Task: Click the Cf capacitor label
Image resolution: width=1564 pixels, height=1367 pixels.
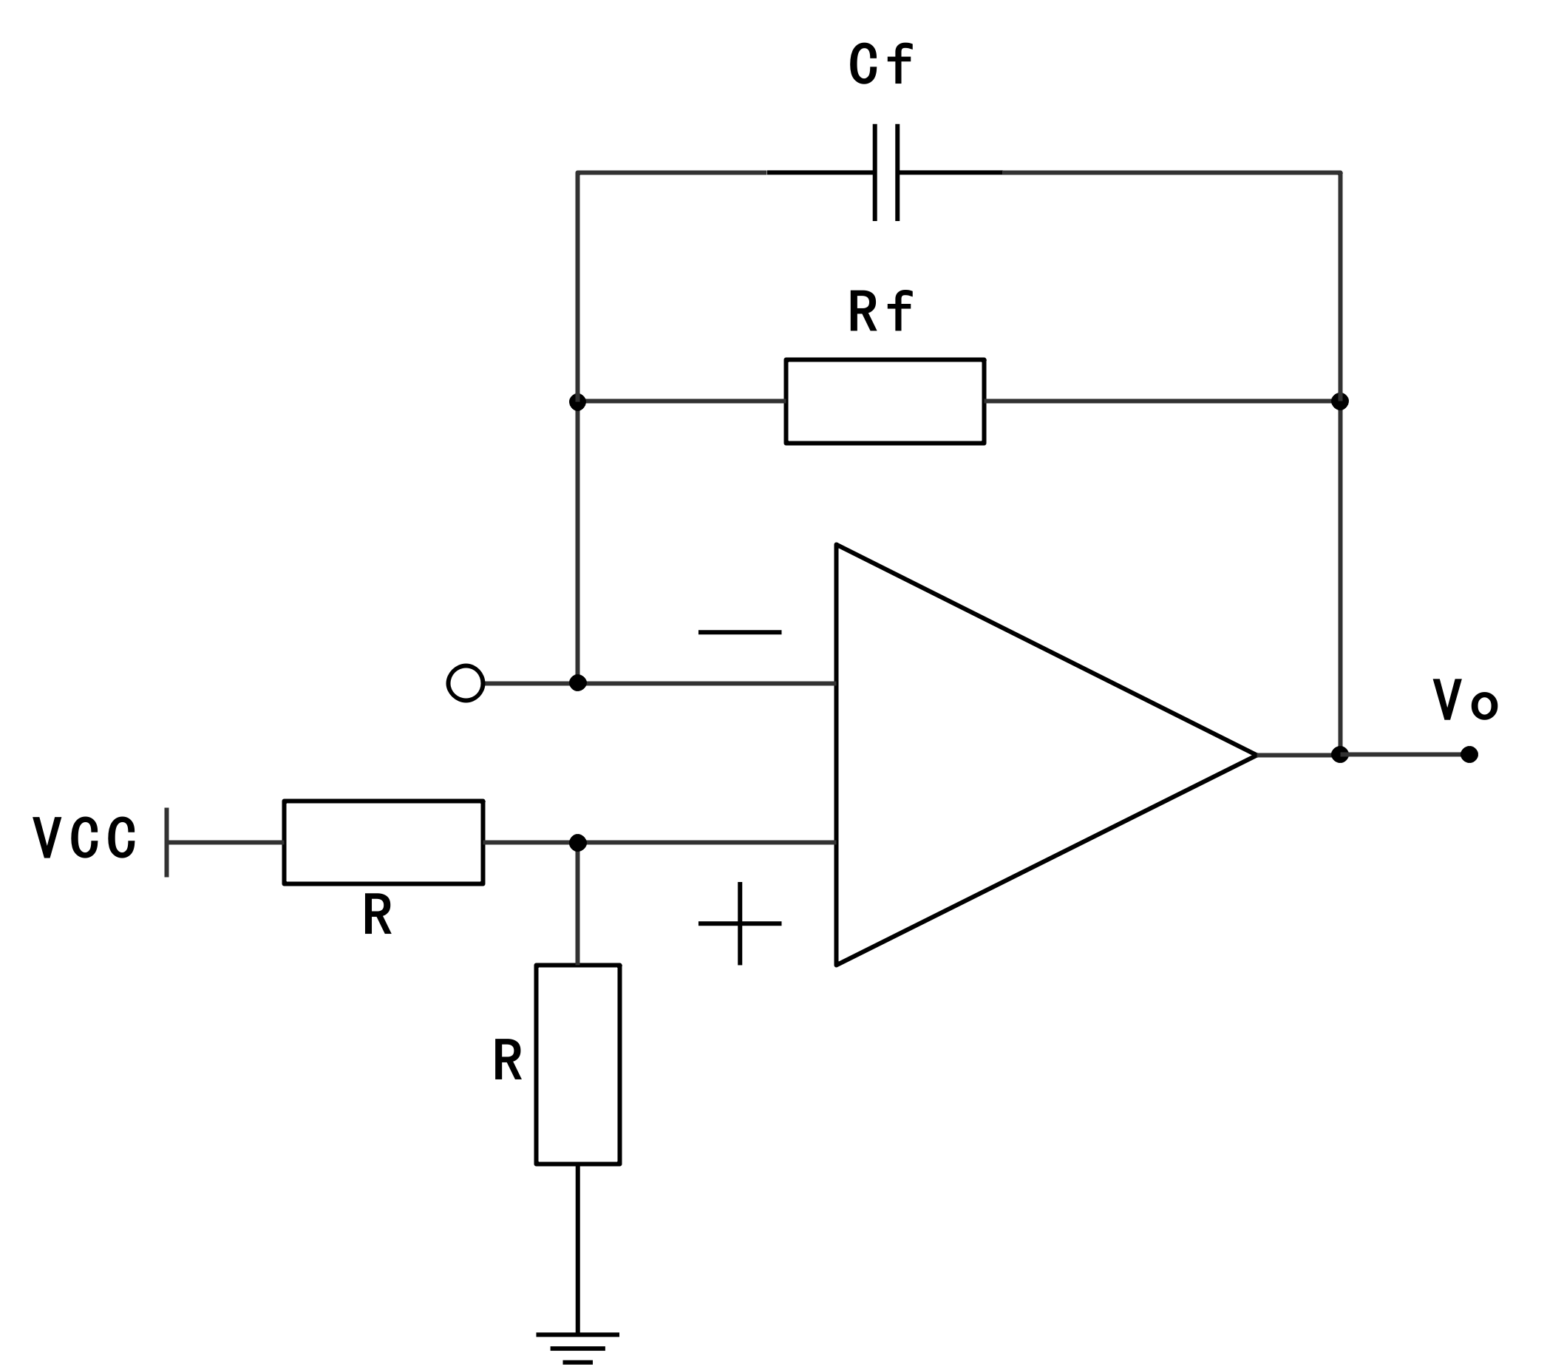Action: [x=880, y=64]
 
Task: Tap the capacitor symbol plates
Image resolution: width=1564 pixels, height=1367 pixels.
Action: [x=885, y=172]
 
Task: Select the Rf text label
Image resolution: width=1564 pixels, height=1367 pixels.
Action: [x=880, y=311]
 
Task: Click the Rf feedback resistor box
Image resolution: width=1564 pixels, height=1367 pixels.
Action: [x=885, y=401]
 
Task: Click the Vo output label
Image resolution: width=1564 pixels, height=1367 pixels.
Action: [x=1465, y=699]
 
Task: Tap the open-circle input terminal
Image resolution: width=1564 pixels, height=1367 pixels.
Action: [x=465, y=682]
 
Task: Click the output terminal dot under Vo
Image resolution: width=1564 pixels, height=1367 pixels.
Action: [x=1469, y=754]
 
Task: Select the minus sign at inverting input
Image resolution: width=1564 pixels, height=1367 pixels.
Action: [x=739, y=631]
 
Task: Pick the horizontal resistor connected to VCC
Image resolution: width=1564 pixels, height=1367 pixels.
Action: [x=383, y=842]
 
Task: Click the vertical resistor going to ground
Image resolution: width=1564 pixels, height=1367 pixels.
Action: [x=577, y=1064]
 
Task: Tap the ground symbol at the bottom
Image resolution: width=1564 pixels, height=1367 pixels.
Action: [x=577, y=1346]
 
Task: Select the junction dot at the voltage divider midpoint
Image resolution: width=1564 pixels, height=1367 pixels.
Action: [x=577, y=842]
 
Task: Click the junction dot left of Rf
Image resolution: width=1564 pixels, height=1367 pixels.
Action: [x=577, y=401]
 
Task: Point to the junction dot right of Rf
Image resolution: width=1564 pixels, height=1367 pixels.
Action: [x=1339, y=401]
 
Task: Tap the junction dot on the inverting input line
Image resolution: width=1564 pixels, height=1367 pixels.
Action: [x=577, y=682]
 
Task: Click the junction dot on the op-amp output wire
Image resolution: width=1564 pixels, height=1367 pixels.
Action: [x=1339, y=754]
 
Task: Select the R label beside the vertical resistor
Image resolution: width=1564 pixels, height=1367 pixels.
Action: [x=507, y=1060]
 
